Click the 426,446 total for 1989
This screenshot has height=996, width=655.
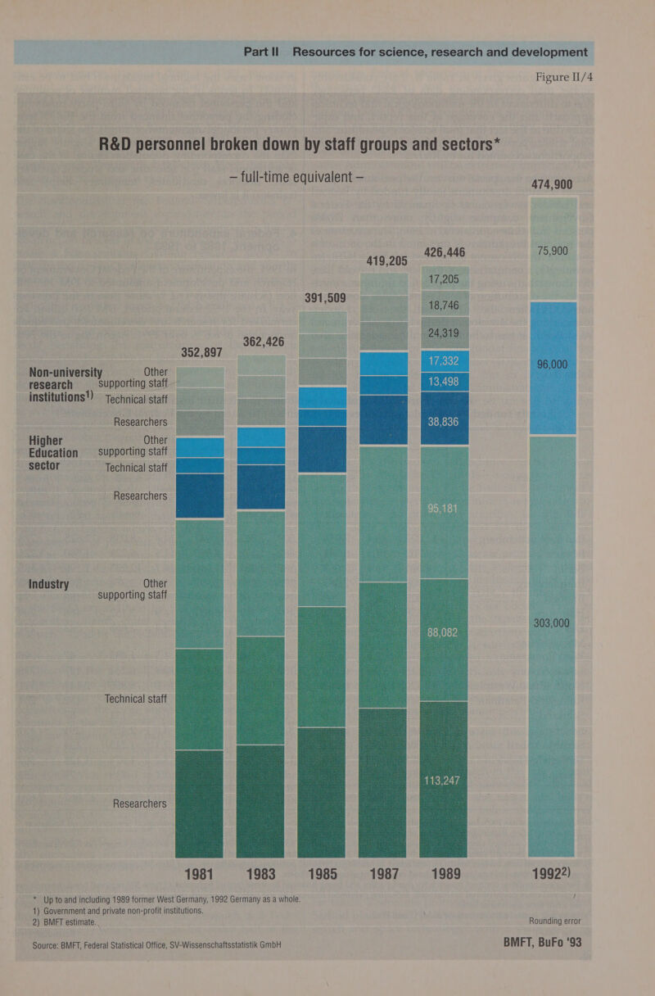(x=444, y=251)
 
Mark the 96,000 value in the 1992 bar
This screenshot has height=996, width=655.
(x=553, y=364)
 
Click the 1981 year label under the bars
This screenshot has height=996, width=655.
(x=200, y=874)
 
